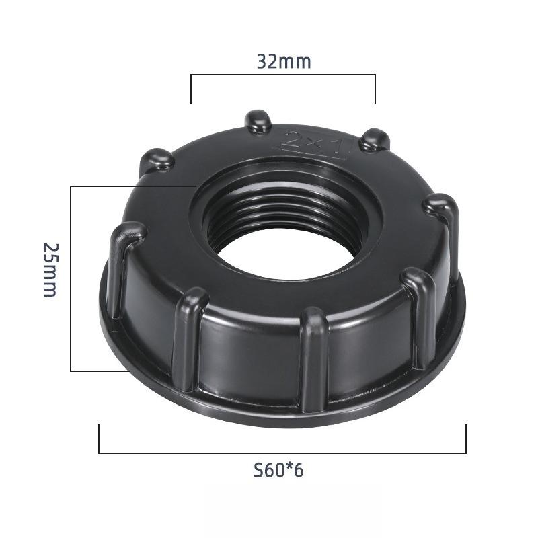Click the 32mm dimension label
point(283,62)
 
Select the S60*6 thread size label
point(278,470)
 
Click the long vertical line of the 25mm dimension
point(71,278)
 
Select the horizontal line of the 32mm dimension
point(283,75)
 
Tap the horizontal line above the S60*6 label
point(282,453)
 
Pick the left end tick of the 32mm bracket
point(192,89)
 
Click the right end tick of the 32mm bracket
point(375,89)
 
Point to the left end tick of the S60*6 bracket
point(100,438)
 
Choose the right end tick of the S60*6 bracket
point(465,438)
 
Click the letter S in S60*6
point(258,470)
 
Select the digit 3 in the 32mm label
point(262,62)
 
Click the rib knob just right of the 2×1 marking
point(374,140)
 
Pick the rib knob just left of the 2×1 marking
point(258,121)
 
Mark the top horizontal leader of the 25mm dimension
point(131,186)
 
